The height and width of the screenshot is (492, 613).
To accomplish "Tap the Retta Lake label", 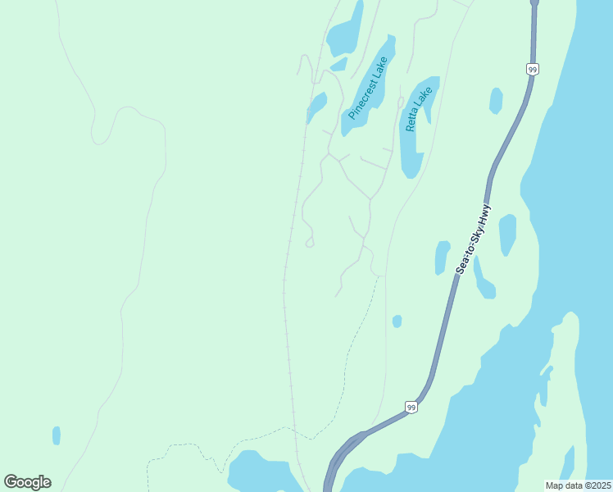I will click(x=418, y=109).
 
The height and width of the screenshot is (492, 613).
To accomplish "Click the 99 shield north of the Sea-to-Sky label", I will click(x=533, y=71).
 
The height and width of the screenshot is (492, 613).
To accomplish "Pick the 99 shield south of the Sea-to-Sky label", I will click(x=411, y=407).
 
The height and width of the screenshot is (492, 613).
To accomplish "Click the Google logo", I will click(x=27, y=482).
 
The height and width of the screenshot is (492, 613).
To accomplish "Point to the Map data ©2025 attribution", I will click(x=579, y=485).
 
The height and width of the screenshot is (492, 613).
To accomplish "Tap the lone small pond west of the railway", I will click(x=57, y=435).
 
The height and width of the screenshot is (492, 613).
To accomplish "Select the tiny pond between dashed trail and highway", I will click(x=397, y=321).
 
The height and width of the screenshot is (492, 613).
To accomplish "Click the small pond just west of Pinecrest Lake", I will click(x=316, y=107).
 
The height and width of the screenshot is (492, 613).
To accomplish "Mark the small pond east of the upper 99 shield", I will click(x=496, y=100).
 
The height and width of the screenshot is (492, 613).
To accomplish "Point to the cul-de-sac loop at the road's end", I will click(x=310, y=243).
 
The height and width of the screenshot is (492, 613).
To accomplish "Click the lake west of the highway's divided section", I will click(x=262, y=474).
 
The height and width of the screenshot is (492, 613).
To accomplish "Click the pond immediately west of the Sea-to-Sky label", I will click(x=443, y=256).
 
